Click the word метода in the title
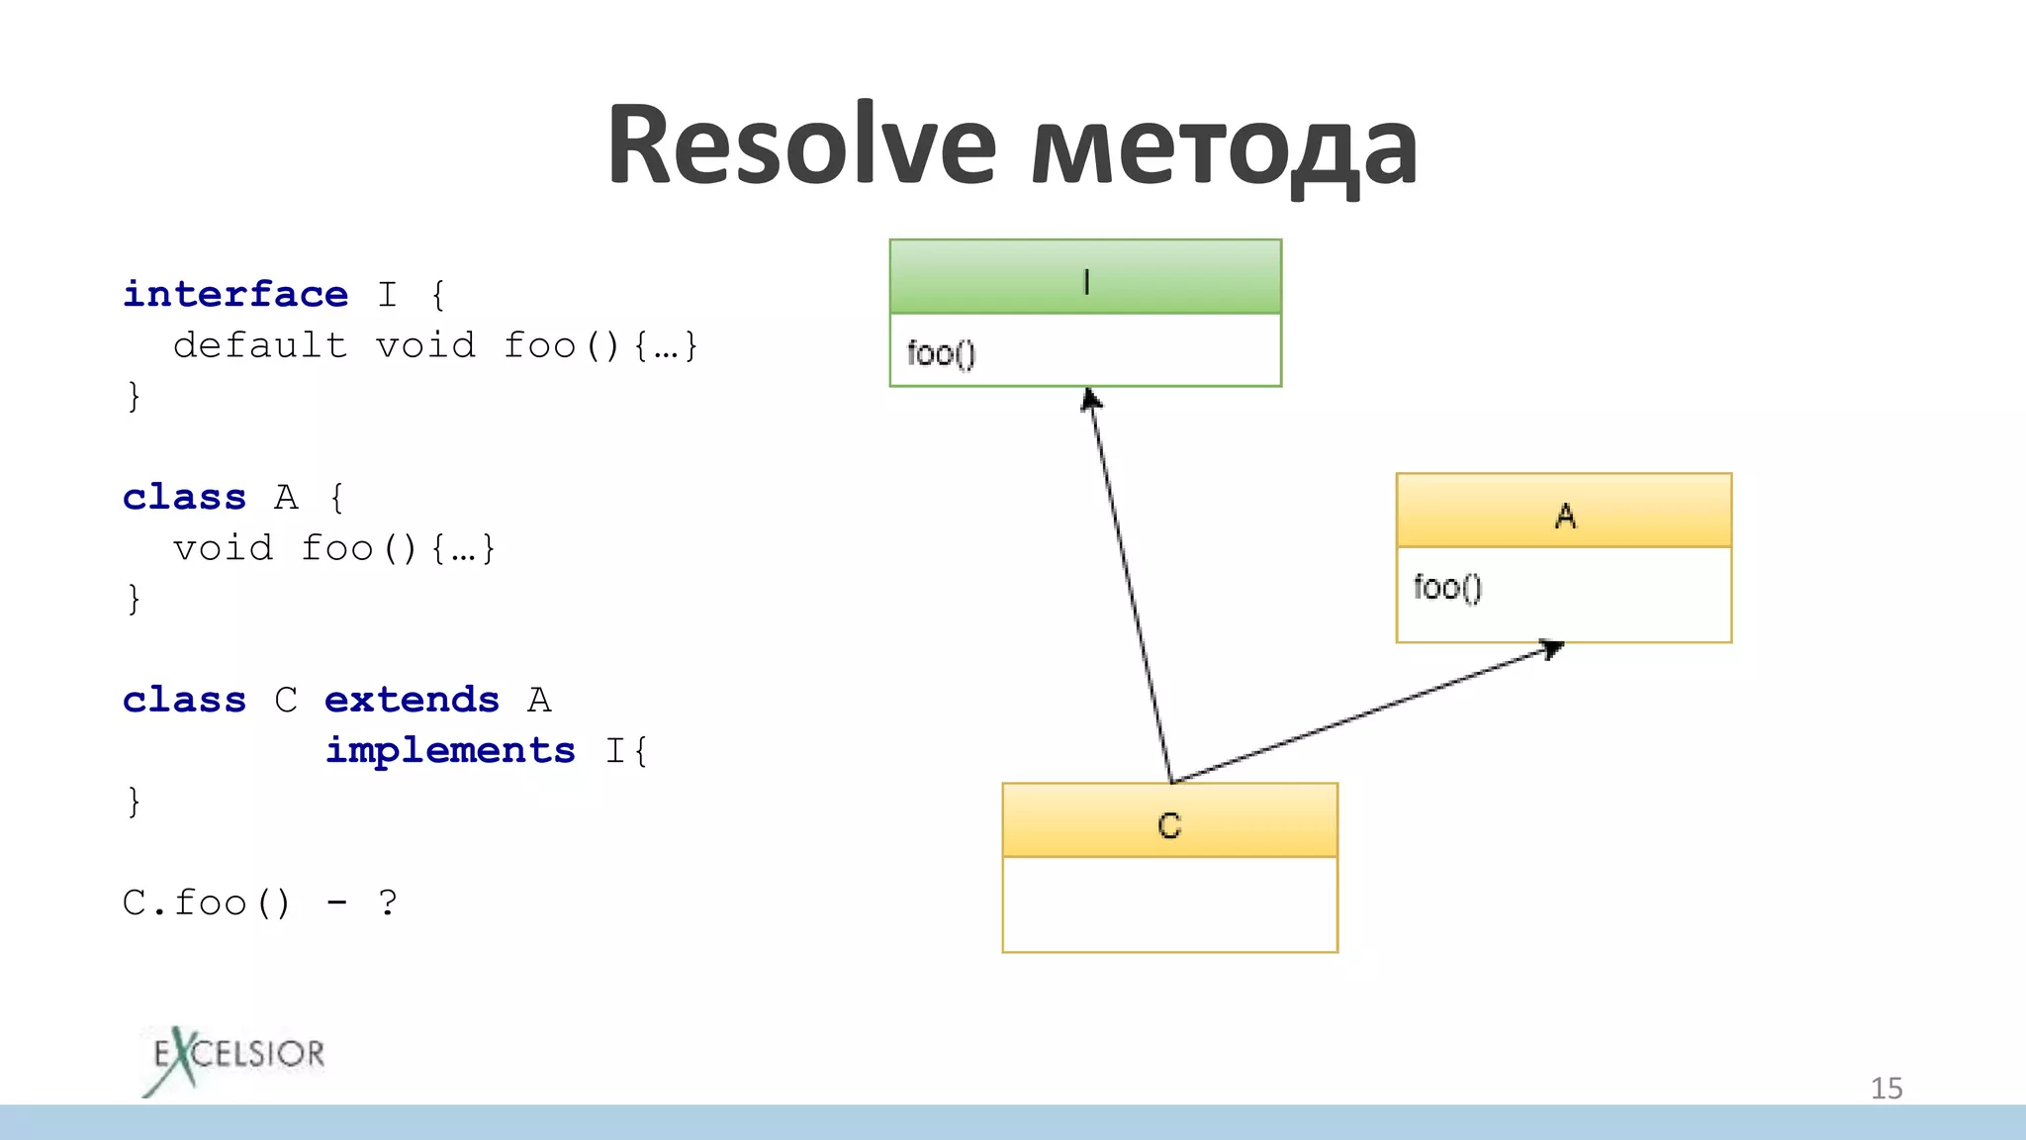(x=1225, y=148)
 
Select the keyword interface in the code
(x=235, y=294)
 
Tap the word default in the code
(x=260, y=345)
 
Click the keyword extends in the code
(x=412, y=700)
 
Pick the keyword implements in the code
(x=450, y=750)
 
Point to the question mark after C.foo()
(x=388, y=902)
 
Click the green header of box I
(x=1085, y=277)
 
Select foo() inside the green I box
(x=941, y=353)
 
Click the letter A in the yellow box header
(x=1565, y=516)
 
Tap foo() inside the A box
(x=1447, y=588)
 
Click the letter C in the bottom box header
(x=1169, y=825)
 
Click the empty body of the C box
(x=1169, y=904)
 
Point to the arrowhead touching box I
(x=1090, y=398)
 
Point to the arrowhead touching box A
(x=1553, y=648)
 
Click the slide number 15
(x=1886, y=1089)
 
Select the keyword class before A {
(x=184, y=497)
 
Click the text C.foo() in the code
(x=207, y=902)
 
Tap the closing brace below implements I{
(x=134, y=801)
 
